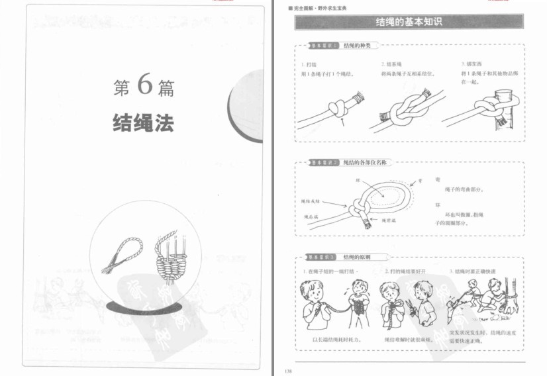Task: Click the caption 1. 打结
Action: [308, 64]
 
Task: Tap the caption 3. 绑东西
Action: [472, 64]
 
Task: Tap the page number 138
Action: [287, 371]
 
